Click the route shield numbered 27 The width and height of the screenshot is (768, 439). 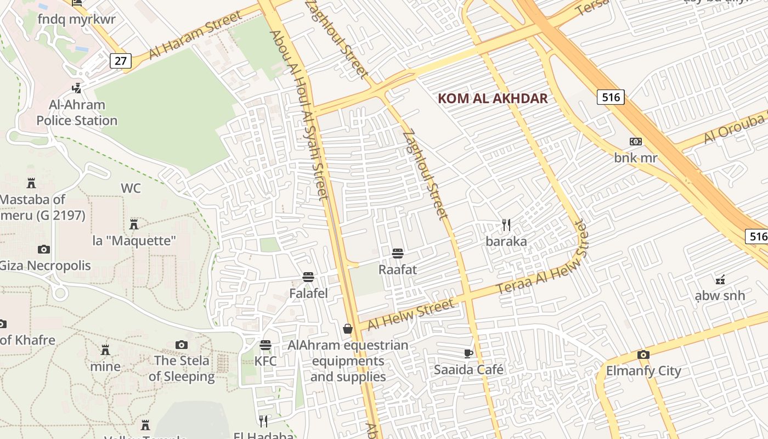(x=121, y=60)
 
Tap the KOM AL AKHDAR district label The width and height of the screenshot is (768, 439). (x=493, y=99)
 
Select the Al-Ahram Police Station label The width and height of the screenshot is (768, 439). (x=77, y=112)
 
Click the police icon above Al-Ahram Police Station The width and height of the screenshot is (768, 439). (x=77, y=87)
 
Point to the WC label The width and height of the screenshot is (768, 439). (x=131, y=188)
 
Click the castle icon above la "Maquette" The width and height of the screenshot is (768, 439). (x=133, y=224)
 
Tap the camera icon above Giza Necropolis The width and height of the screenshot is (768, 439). (x=44, y=250)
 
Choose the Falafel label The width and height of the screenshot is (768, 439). (x=308, y=294)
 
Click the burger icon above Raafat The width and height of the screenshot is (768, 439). (x=398, y=253)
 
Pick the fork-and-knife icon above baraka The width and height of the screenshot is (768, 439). (x=506, y=225)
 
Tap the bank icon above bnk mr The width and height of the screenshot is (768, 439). (x=635, y=142)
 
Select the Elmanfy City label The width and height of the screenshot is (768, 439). (x=643, y=371)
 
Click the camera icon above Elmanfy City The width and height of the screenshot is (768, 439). (x=643, y=354)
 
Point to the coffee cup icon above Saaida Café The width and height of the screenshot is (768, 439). (x=468, y=353)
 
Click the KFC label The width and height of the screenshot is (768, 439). (x=266, y=362)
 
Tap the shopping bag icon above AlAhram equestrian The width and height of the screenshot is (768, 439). (x=348, y=329)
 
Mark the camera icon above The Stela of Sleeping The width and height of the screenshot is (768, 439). (x=182, y=345)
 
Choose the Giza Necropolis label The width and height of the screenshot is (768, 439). (x=45, y=266)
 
